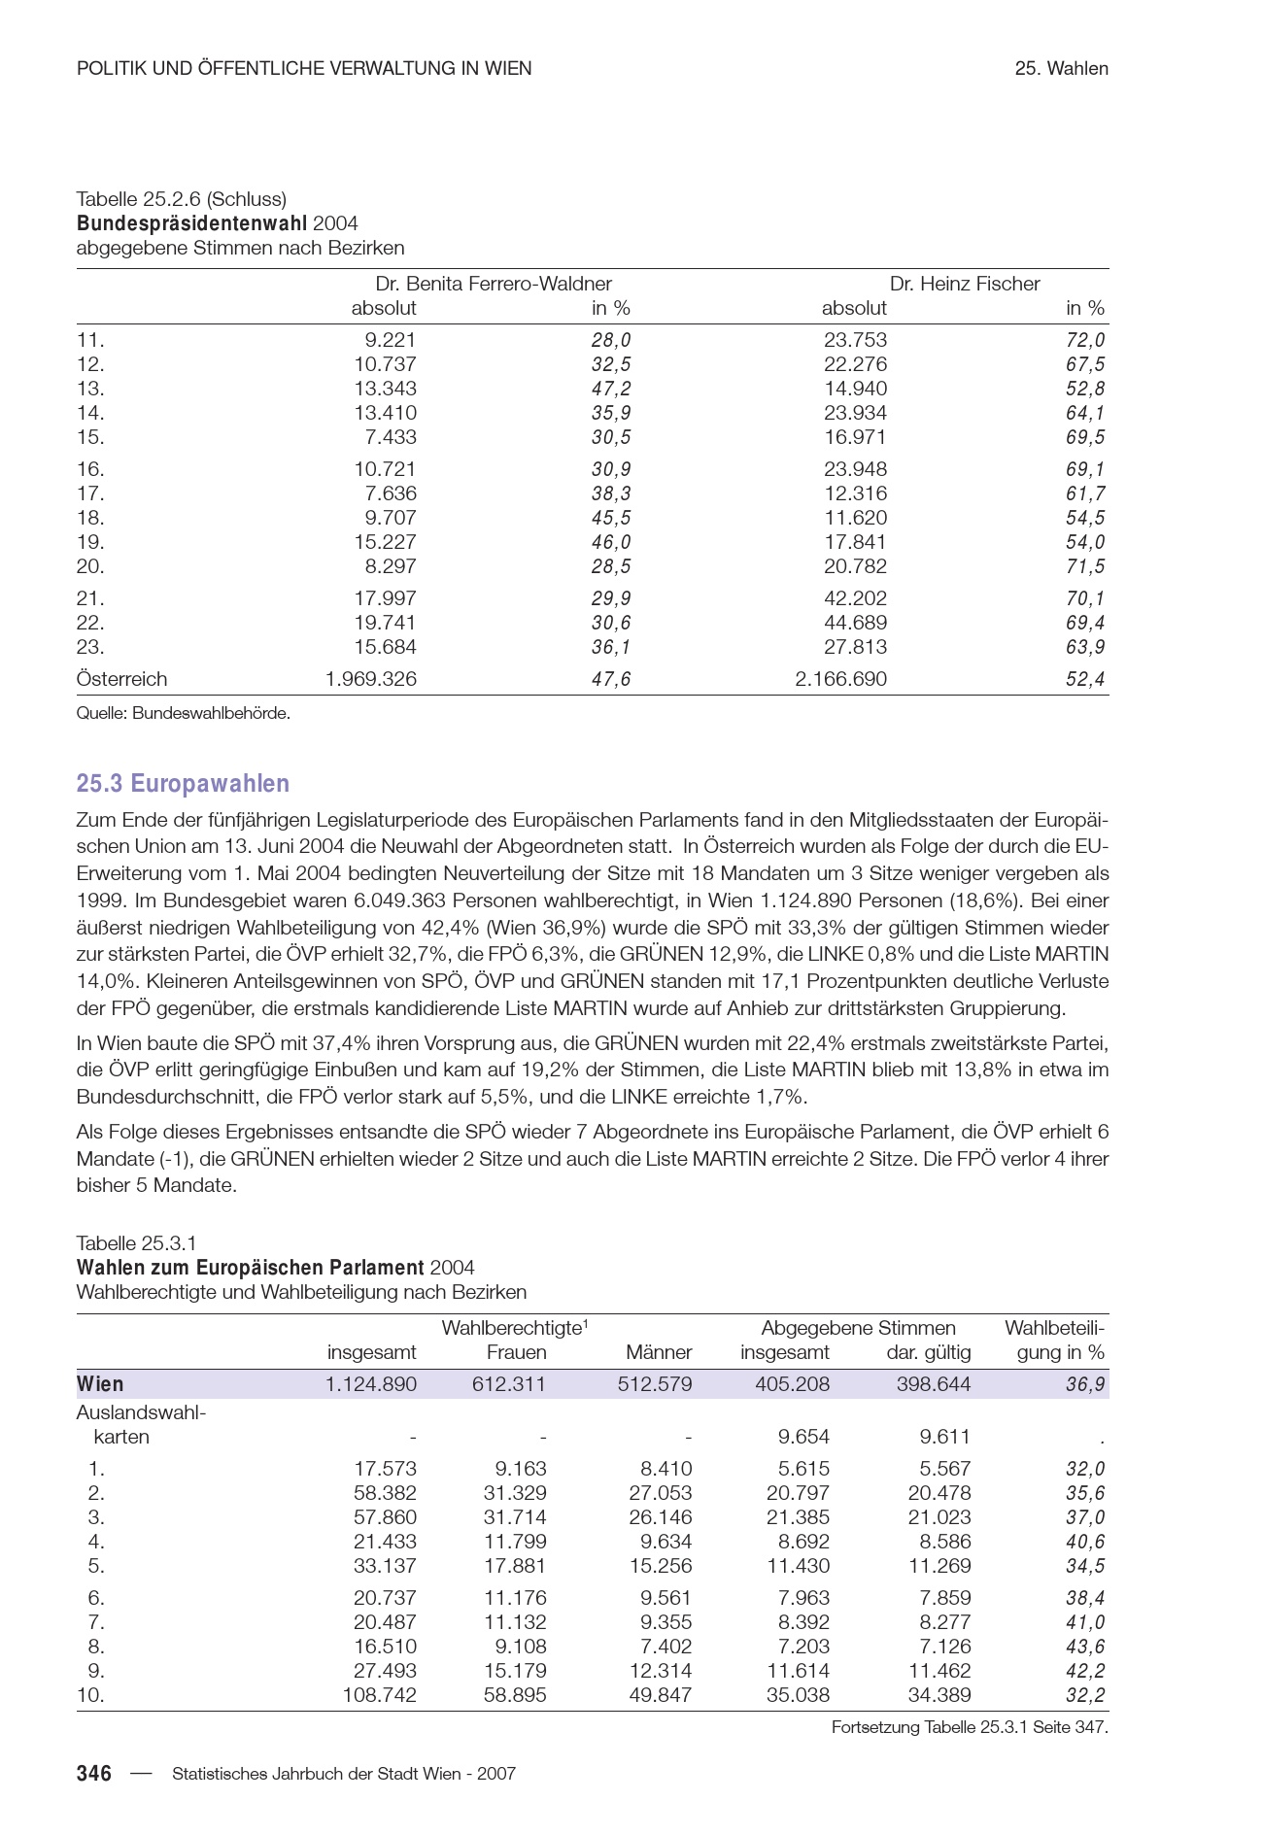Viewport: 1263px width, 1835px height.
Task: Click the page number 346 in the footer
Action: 94,1773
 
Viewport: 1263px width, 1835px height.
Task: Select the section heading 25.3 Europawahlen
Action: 183,783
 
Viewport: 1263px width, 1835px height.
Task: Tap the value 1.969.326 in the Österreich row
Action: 370,679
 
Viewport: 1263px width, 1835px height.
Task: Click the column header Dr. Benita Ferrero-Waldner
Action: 494,284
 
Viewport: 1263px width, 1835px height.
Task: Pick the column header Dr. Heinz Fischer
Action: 964,284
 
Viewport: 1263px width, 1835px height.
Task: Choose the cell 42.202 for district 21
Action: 855,598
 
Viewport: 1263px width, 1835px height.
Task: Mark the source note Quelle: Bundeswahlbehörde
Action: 184,713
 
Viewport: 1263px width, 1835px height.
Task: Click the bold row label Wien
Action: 100,1384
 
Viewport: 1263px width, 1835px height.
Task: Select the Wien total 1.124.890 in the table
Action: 370,1384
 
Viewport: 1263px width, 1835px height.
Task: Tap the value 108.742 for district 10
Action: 379,1695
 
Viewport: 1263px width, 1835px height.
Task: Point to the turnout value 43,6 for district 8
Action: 1084,1647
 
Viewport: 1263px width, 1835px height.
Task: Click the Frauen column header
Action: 516,1352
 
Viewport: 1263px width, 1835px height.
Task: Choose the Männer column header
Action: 659,1352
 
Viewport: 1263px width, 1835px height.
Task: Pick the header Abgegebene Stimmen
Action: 858,1328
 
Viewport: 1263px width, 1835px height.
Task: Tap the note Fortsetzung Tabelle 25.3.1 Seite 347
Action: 969,1727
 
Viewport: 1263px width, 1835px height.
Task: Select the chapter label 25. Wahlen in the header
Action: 1061,68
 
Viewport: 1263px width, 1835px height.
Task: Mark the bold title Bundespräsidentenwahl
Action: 191,223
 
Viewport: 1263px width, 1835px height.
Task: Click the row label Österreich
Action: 121,679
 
